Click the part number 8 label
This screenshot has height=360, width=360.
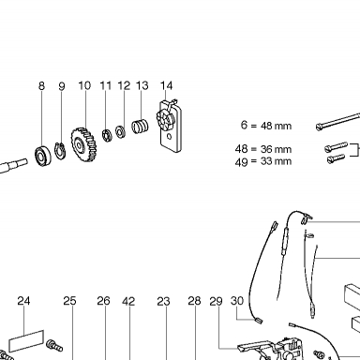[x=41, y=86]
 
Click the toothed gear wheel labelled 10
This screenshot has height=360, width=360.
[x=82, y=144]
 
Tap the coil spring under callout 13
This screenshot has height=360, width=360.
[x=140, y=127]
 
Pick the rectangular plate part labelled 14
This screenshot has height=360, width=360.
[x=170, y=126]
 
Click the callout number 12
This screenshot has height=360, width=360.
[x=124, y=85]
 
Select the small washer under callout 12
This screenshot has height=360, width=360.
[x=120, y=131]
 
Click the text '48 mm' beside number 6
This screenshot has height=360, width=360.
[x=276, y=126]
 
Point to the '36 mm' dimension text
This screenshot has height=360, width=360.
[x=276, y=149]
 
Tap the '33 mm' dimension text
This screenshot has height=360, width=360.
[x=276, y=161]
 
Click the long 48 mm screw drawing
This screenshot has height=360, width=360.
[x=337, y=121]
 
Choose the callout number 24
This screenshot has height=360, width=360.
[x=23, y=301]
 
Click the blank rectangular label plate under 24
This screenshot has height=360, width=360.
[x=26, y=341]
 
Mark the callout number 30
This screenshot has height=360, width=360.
[x=237, y=301]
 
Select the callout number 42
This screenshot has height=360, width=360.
[x=128, y=301]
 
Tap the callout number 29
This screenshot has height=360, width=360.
[x=216, y=301]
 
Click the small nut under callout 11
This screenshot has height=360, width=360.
[x=107, y=135]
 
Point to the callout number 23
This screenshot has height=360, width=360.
[x=163, y=301]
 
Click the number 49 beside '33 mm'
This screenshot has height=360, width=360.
[x=242, y=162]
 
